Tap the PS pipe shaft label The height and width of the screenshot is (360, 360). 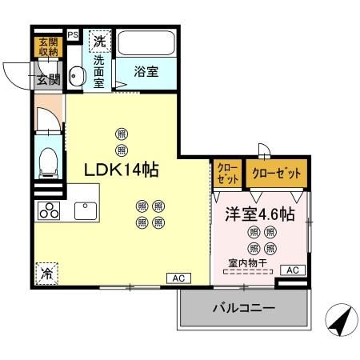pyautogui.click(x=73, y=36)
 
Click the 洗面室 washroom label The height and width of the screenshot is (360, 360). pyautogui.click(x=98, y=70)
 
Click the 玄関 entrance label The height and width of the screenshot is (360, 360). pyautogui.click(x=47, y=78)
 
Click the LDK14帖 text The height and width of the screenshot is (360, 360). pyautogui.click(x=122, y=170)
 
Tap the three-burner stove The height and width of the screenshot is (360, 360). pyautogui.click(x=49, y=212)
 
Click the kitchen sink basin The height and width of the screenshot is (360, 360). pyautogui.click(x=86, y=211)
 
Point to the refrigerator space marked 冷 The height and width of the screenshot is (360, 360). pyautogui.click(x=46, y=272)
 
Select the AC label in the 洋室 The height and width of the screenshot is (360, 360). pyautogui.click(x=293, y=270)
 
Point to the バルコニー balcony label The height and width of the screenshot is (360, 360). pyautogui.click(x=243, y=308)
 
